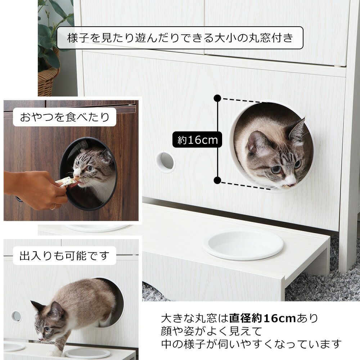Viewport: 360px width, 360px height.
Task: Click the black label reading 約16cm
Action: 197,140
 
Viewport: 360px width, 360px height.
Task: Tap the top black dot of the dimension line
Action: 217,98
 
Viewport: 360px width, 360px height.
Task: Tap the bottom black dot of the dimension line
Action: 217,180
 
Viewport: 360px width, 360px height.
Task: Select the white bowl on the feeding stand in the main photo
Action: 243,244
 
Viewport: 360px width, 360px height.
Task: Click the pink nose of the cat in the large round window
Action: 291,184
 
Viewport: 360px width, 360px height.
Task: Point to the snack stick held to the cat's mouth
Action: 66,181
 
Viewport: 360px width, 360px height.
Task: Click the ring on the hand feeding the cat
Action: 53,207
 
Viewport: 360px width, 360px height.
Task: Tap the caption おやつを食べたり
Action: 65,117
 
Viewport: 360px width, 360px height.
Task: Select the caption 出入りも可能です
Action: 65,256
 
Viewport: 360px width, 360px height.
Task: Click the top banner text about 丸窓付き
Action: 180,38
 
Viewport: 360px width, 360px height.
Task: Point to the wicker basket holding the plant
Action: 48,81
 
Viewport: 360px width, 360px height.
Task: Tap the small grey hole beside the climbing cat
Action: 16,316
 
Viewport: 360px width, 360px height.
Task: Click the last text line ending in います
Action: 251,344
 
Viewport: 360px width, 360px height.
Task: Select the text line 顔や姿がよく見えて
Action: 211,331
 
